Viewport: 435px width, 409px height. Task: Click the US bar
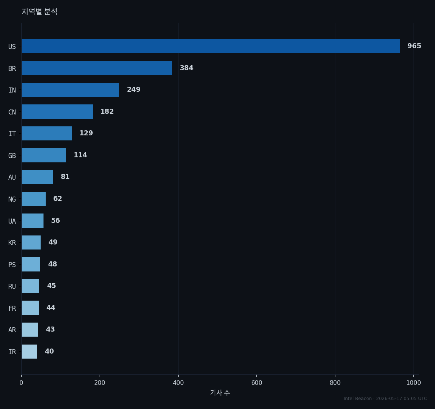pyautogui.click(x=211, y=46)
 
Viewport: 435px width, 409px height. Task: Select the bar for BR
pyautogui.click(x=97, y=68)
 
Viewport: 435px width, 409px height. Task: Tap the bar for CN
pyautogui.click(x=57, y=112)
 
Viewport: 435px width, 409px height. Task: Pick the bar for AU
pyautogui.click(x=37, y=177)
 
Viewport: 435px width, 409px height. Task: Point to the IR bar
pyautogui.click(x=29, y=351)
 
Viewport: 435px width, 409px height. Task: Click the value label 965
pyautogui.click(x=414, y=46)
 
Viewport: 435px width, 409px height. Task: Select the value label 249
pyautogui.click(x=134, y=90)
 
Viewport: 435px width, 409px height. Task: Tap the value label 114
pyautogui.click(x=81, y=155)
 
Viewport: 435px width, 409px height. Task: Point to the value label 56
pyautogui.click(x=55, y=220)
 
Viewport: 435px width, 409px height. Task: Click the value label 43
pyautogui.click(x=50, y=329)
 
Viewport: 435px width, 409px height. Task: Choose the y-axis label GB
pyautogui.click(x=12, y=156)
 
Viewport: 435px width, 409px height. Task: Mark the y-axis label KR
pyautogui.click(x=12, y=243)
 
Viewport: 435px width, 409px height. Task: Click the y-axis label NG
pyautogui.click(x=12, y=199)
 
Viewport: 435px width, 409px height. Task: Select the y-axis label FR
pyautogui.click(x=12, y=308)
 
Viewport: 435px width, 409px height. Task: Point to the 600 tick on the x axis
pyautogui.click(x=257, y=383)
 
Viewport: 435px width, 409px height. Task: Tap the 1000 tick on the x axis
pyautogui.click(x=413, y=383)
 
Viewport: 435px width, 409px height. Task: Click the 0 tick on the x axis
pyautogui.click(x=21, y=383)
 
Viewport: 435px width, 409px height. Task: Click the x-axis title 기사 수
pyautogui.click(x=220, y=392)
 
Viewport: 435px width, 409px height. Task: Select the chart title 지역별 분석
pyautogui.click(x=40, y=12)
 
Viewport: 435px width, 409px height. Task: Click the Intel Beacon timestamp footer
pyautogui.click(x=385, y=399)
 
